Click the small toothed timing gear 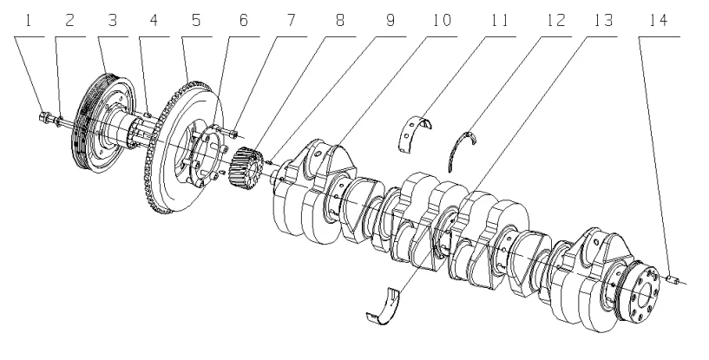pos(250,165)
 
